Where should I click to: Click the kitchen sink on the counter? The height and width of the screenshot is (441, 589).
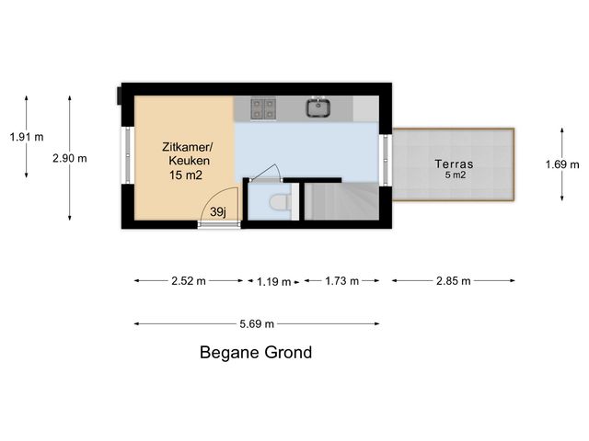coord(318,107)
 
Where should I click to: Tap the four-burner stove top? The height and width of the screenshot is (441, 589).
coord(263,108)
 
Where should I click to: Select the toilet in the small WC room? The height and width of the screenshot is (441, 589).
coord(280,202)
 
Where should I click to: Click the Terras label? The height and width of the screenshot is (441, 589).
coord(454,164)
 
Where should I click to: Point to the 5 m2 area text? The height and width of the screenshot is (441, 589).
coord(456,175)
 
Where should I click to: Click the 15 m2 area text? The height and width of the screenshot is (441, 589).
coord(186,175)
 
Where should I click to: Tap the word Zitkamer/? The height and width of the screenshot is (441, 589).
coord(187,147)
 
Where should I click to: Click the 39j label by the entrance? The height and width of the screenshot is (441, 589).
coord(218,212)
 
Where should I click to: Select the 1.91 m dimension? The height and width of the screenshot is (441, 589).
coord(27,137)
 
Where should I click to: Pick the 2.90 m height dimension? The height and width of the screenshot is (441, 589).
coord(70,158)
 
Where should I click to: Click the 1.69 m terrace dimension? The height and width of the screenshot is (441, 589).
coord(562,164)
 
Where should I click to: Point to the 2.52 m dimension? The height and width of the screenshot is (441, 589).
coord(189,281)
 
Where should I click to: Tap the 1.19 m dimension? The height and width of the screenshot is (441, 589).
coord(274,281)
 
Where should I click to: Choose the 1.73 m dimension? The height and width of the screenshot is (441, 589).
coord(341,281)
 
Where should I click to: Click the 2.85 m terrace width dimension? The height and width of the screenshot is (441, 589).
coord(454,281)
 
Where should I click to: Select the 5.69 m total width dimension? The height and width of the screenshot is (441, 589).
coord(257,324)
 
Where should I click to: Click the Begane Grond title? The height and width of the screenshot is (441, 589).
coord(256,353)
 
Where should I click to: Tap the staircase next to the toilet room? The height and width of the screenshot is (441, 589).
coord(341,201)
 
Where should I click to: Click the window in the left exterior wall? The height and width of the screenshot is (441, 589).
coord(128,155)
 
